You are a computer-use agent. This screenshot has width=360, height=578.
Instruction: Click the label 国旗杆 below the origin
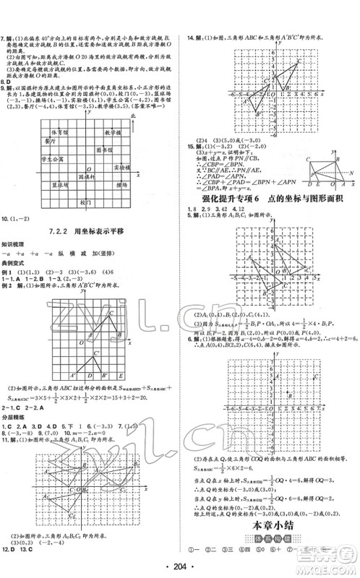(85, 176)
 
